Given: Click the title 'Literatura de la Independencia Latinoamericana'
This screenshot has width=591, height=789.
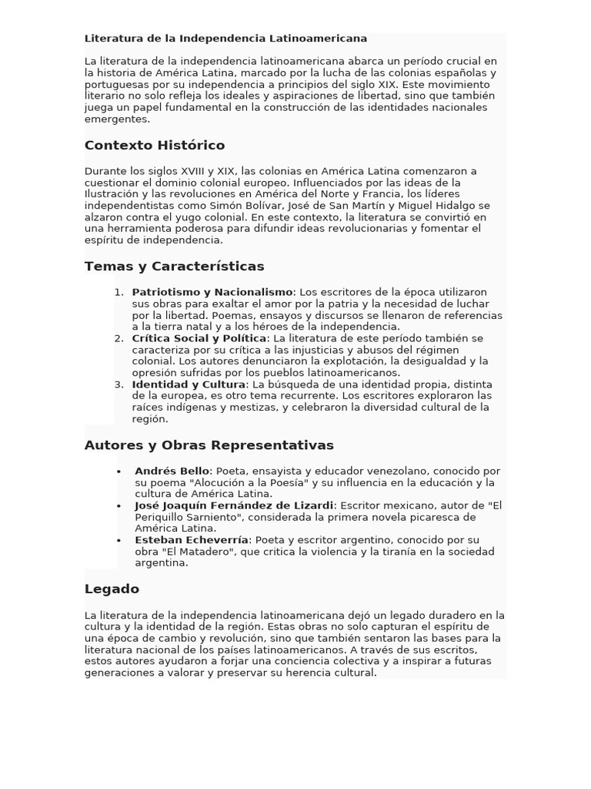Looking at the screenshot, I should click(225, 39).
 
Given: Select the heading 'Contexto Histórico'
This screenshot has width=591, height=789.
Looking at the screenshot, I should click(155, 146).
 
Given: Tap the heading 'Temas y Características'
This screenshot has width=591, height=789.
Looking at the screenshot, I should click(174, 267).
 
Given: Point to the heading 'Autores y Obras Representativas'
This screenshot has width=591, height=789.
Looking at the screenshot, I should click(209, 445).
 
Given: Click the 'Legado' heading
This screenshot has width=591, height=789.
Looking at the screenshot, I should click(112, 589).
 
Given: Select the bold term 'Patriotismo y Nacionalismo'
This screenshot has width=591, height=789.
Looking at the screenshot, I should click(212, 292).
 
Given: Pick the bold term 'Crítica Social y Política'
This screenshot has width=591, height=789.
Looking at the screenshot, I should click(199, 338).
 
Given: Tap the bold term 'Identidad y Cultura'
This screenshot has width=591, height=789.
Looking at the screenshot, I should click(189, 384).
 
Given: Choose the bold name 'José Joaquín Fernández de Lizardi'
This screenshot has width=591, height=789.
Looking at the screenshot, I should click(234, 505).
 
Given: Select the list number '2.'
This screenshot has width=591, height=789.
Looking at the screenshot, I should click(119, 338).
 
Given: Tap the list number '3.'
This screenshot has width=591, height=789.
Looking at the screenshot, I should click(119, 384).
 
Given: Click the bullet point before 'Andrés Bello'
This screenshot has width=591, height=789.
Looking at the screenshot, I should click(119, 471).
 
